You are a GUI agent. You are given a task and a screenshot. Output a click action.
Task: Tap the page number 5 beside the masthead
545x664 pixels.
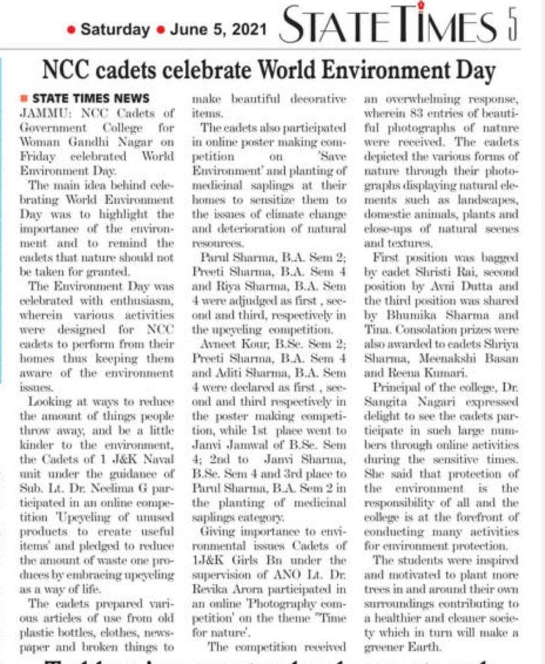pos(512,27)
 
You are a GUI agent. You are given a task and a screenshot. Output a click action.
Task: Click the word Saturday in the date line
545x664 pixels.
pos(115,29)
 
